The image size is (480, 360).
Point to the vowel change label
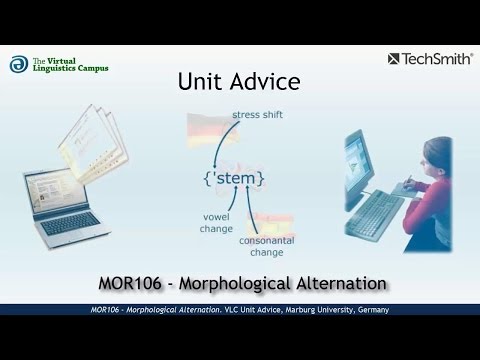[x=216, y=223]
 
